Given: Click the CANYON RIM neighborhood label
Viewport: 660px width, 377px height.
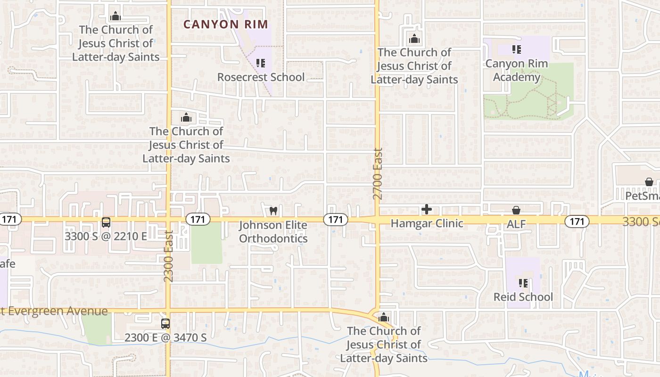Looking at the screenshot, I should [225, 25].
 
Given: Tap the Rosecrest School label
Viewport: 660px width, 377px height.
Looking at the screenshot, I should [261, 77].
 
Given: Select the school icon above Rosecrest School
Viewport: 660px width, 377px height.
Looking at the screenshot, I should [261, 63].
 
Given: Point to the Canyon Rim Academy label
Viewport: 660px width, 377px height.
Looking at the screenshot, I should [517, 70].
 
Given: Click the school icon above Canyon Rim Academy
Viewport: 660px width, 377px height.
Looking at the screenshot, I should [517, 49].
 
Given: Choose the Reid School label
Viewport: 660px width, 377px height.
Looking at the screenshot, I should [523, 297].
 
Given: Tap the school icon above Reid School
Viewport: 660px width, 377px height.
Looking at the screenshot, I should [523, 283].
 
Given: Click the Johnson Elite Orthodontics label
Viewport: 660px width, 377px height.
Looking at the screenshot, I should [273, 232].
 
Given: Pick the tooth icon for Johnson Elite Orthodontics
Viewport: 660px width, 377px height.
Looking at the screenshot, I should [273, 211].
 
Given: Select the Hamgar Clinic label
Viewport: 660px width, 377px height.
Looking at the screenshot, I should [427, 223].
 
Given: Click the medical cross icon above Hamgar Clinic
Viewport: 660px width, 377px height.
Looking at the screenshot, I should [427, 209].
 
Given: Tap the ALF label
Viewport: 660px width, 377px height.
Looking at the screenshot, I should [516, 224].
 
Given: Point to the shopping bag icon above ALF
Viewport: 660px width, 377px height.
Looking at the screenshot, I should [516, 210].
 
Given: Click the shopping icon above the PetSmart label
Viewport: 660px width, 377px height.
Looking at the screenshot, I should [649, 182].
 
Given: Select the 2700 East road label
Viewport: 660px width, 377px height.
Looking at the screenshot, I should [378, 174].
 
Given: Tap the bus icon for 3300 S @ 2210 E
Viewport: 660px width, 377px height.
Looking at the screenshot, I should [106, 222].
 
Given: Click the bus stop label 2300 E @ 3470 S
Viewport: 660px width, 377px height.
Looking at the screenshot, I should [165, 337].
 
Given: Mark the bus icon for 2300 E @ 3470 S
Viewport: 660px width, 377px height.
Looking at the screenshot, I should [165, 324].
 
